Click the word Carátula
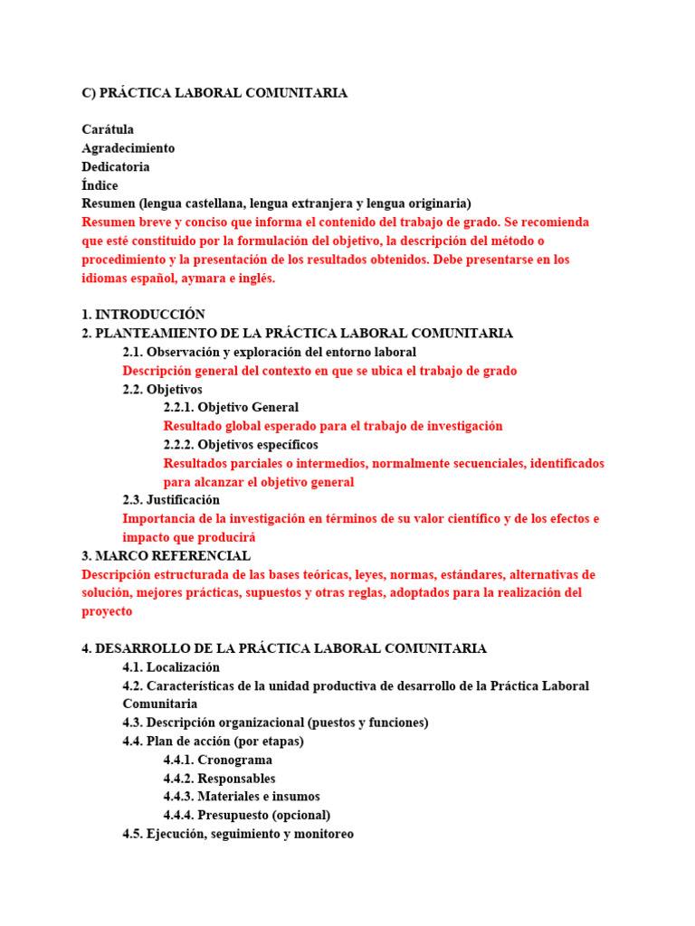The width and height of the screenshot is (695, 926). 108,129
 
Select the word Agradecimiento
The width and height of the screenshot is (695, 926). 129,148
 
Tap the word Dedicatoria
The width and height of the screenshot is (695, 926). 116,166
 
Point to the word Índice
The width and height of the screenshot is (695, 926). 100,185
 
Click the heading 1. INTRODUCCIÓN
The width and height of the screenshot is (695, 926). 144,315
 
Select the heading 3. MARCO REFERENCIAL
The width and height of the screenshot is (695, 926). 166,555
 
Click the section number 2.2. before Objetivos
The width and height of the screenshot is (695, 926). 133,389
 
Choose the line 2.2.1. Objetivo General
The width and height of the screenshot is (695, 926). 231,407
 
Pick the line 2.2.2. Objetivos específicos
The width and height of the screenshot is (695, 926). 241,445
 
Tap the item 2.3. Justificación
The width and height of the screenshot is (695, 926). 171,500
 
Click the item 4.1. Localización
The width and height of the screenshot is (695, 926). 171,667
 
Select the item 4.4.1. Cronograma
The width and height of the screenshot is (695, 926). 218,760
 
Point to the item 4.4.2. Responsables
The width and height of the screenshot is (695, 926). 220,779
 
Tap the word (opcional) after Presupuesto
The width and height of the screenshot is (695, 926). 301,815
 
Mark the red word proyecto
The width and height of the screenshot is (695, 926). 107,611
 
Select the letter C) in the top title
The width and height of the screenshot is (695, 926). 89,93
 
